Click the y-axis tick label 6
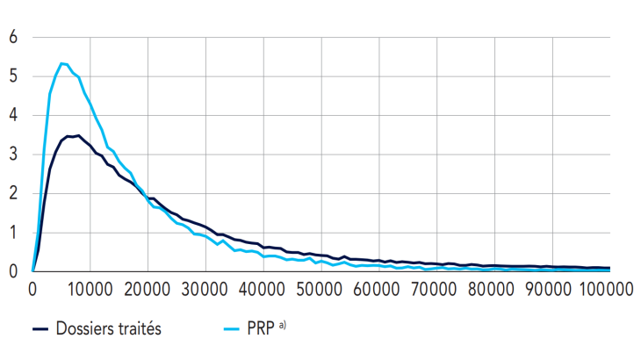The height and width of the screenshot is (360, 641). click(12, 38)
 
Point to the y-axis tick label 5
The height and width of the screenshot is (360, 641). click(12, 76)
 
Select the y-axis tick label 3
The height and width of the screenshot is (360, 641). click(12, 155)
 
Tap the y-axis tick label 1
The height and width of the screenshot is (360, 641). click(12, 233)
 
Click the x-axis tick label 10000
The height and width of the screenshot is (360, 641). click(90, 288)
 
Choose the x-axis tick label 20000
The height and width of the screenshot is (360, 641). click(148, 288)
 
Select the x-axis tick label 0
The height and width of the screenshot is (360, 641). click(32, 288)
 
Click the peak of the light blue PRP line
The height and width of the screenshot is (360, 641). click(61, 63)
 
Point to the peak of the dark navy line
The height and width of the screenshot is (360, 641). click(78, 135)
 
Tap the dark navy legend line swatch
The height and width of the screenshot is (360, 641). click(40, 329)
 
